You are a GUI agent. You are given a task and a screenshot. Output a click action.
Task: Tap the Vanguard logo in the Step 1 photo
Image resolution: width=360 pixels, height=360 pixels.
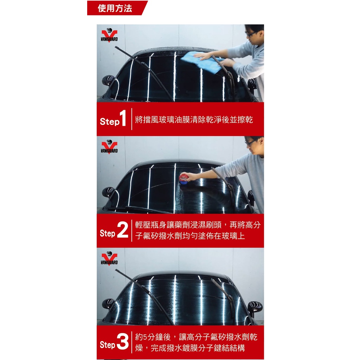[x=109, y=35]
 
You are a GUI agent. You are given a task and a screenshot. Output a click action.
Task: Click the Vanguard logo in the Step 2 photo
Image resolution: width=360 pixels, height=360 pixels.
[x=109, y=147]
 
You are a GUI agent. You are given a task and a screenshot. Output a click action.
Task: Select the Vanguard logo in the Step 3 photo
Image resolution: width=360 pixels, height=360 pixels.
[x=109, y=258]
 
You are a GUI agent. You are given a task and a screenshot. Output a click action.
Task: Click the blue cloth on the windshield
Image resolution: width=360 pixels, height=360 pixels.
[x=202, y=62]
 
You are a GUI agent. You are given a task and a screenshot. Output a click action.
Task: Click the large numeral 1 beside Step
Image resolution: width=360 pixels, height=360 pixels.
[x=123, y=118]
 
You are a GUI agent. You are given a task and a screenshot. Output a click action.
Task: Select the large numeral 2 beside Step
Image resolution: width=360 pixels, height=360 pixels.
[x=123, y=230]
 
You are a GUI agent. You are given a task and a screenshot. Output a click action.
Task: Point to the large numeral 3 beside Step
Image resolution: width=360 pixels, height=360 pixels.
[x=123, y=341]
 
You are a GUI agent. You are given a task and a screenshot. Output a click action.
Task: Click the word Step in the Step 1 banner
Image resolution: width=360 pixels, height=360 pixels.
[x=110, y=121]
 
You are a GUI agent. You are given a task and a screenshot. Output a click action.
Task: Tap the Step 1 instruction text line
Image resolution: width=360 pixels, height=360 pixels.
[x=194, y=120]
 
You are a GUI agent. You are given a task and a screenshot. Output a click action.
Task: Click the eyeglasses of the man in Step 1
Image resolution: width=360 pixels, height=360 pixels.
[x=251, y=34]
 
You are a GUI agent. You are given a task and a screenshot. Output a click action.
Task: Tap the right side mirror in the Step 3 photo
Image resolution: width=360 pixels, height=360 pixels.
[x=255, y=307]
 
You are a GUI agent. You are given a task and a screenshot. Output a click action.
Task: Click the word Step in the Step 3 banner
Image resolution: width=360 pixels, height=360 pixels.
[x=108, y=345]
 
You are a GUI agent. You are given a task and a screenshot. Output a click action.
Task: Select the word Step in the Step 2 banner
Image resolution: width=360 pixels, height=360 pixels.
[x=108, y=233]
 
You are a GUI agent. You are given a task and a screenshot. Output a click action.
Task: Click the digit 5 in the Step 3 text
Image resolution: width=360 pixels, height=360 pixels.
[x=145, y=337]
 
